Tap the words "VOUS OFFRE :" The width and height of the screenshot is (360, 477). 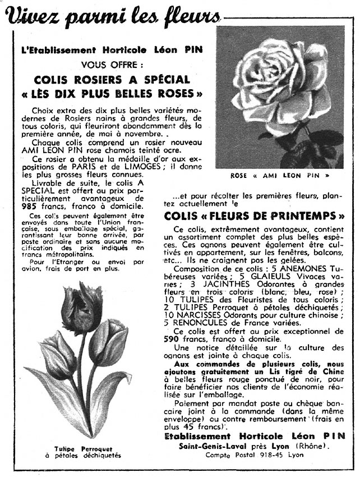pyautogui.click(x=112, y=65)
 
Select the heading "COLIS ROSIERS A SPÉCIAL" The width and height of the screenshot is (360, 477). pyautogui.click(x=111, y=80)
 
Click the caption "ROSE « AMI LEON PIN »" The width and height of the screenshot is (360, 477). pyautogui.click(x=280, y=176)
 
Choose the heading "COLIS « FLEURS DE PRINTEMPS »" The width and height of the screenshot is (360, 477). pyautogui.click(x=254, y=216)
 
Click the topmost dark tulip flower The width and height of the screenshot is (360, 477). pyautogui.click(x=82, y=306)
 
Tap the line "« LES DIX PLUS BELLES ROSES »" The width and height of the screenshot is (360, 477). pyautogui.click(x=111, y=93)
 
